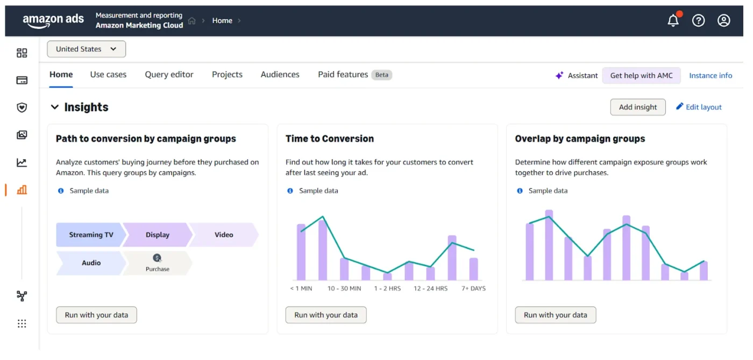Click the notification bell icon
tap(673, 21)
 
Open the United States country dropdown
tap(87, 49)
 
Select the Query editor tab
tap(169, 75)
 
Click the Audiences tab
tap(280, 75)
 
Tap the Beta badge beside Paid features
tap(381, 75)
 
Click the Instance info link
tap(711, 75)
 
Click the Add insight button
tap(638, 107)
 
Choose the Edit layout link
tap(699, 107)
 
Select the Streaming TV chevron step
tap(91, 235)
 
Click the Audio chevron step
tap(91, 263)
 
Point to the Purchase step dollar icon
tap(157, 258)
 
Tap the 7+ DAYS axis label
tap(473, 288)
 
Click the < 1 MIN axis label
tap(301, 288)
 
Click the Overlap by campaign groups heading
tap(580, 139)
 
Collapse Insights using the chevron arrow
tap(54, 107)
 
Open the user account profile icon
tap(723, 21)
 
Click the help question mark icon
tap(698, 21)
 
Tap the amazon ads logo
tap(53, 20)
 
